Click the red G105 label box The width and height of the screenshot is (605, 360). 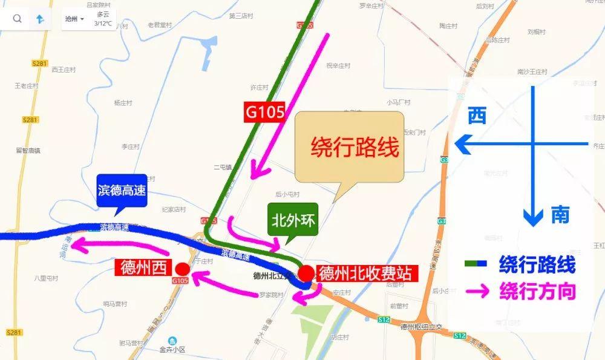(x=264, y=113)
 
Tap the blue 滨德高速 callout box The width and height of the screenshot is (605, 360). (x=122, y=191)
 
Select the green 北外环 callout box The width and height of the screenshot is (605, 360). (x=293, y=218)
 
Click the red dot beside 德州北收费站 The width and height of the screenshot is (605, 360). (x=307, y=273)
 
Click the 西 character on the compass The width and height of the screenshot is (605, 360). (x=477, y=116)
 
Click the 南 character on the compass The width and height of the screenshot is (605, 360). (x=560, y=215)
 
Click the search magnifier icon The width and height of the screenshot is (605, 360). (x=17, y=19)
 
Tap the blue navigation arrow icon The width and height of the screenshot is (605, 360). (x=40, y=19)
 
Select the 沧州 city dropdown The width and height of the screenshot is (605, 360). (x=74, y=19)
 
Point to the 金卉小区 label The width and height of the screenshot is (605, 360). (x=172, y=349)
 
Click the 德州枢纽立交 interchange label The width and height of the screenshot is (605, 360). (x=422, y=326)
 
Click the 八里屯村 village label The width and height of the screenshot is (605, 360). (x=46, y=278)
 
